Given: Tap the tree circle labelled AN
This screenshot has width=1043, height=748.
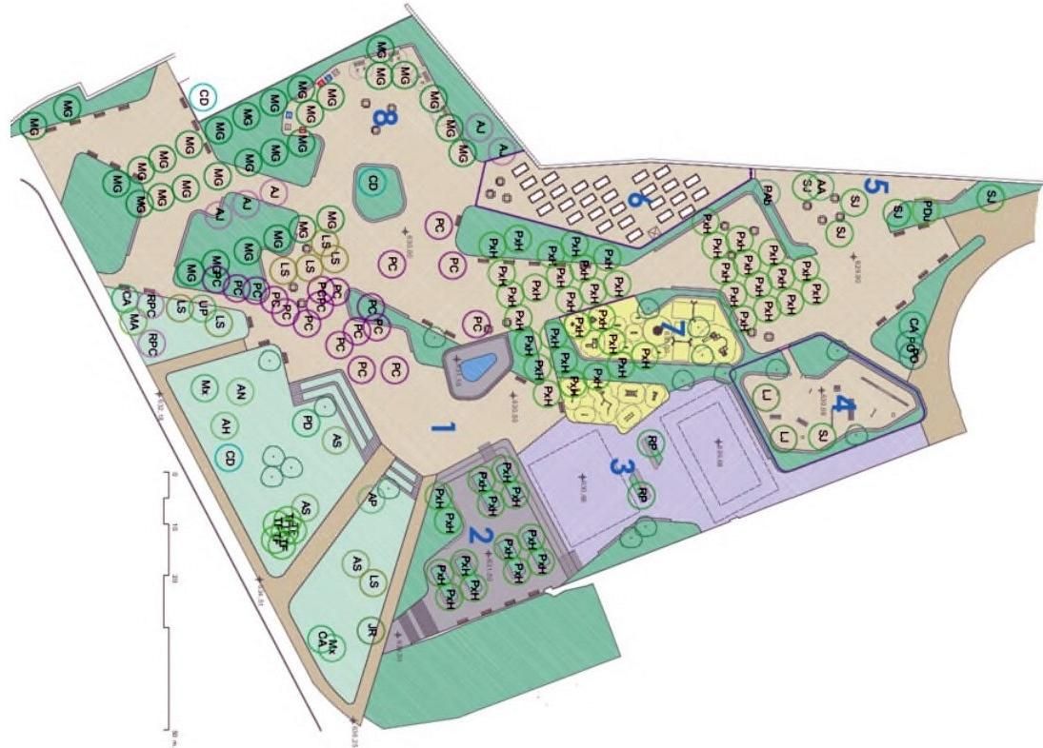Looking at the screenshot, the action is coord(241,392).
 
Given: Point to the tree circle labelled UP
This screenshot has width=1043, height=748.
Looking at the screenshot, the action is coord(202,307).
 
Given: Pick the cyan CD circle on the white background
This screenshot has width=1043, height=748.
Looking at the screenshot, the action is coord(203,95).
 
